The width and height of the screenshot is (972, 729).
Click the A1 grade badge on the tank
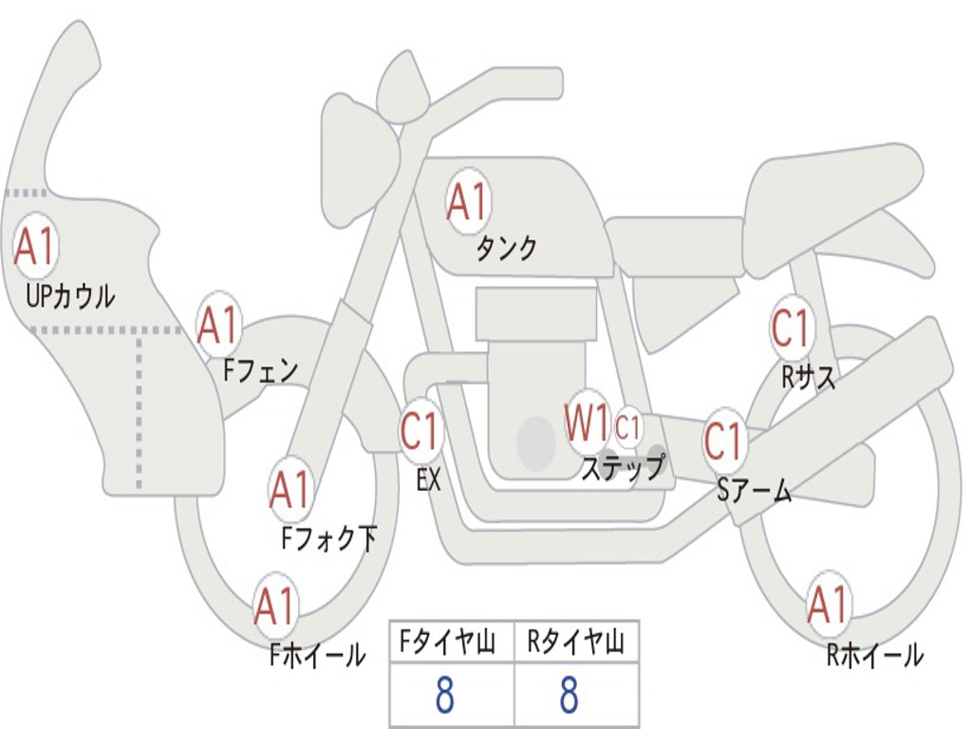coord(467,202)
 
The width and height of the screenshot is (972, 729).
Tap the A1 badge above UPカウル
coord(36,247)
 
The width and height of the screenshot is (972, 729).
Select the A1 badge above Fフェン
coord(218,326)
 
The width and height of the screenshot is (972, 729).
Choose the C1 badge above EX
coord(421,432)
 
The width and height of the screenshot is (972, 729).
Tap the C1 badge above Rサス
coord(791,328)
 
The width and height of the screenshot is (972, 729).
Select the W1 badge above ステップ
coord(587,424)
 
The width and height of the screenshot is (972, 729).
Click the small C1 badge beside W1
coord(628,426)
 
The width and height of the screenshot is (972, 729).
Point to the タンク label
coord(506,249)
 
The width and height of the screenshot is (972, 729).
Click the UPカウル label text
coord(70,296)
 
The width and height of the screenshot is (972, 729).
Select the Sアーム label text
coord(753,490)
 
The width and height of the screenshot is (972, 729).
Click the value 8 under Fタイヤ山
coord(444,696)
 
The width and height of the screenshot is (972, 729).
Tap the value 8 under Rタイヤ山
coord(569,696)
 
